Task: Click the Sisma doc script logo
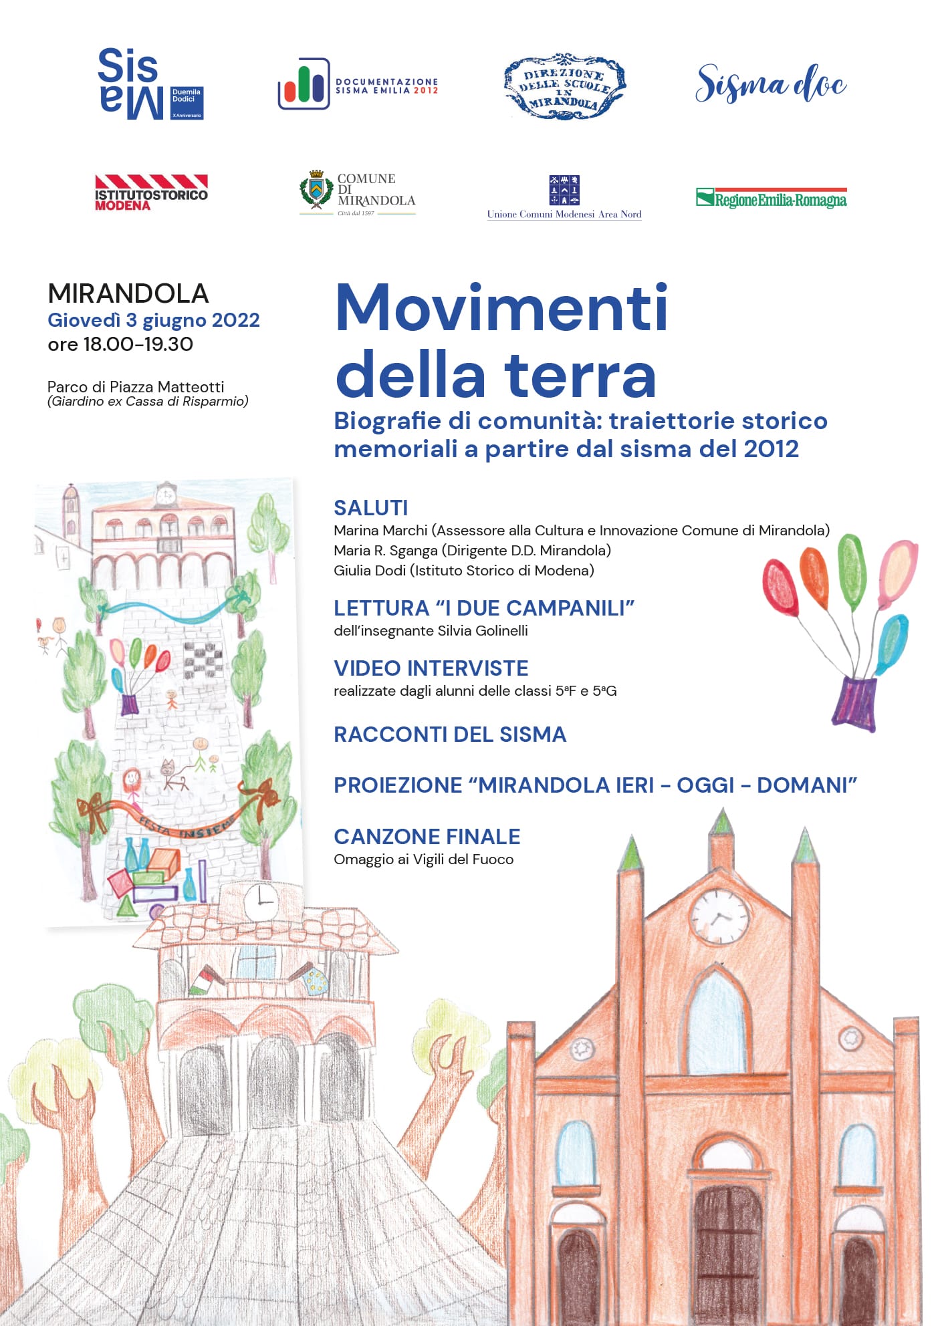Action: coord(770,84)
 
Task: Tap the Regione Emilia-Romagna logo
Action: coord(771,198)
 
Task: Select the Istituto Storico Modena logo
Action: coord(151,192)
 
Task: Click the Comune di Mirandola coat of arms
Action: coord(316,190)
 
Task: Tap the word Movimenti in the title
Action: coord(501,309)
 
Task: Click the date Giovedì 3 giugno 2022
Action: coord(153,320)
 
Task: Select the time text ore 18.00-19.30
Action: coord(120,344)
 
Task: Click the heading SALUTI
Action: coord(370,508)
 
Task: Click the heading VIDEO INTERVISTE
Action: coord(431,668)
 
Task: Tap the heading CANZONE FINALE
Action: coord(427,836)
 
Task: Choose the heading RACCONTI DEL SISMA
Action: coord(449,734)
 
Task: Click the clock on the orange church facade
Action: coord(719,916)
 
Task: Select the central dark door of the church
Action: coord(727,1243)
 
